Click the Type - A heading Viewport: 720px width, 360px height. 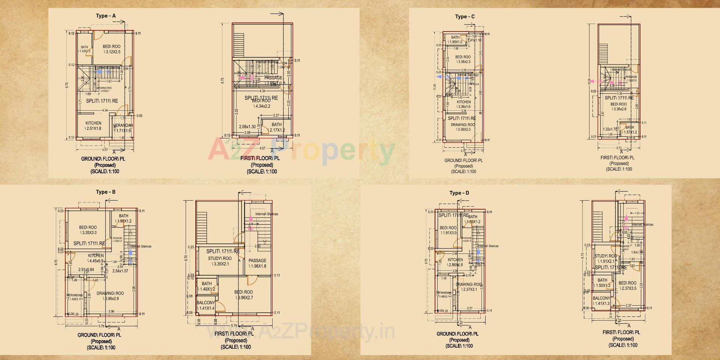click(x=106, y=16)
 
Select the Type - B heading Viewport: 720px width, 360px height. click(x=106, y=192)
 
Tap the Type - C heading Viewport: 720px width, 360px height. click(x=465, y=16)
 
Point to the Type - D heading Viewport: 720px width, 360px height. click(x=459, y=193)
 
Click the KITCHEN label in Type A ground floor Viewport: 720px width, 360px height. click(x=93, y=123)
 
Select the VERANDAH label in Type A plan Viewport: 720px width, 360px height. click(x=123, y=125)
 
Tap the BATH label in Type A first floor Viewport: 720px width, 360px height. click(x=276, y=124)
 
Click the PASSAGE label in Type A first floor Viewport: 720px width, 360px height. click(x=273, y=78)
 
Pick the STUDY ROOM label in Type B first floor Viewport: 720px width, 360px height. click(x=220, y=258)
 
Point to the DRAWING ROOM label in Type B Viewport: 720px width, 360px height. click(x=110, y=293)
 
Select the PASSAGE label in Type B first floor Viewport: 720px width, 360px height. click(x=257, y=261)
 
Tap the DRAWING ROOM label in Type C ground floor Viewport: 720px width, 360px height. click(x=462, y=124)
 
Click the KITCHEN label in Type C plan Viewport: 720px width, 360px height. click(x=463, y=102)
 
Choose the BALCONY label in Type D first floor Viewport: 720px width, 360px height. click(x=601, y=298)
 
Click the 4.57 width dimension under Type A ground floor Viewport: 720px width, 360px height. click(x=105, y=150)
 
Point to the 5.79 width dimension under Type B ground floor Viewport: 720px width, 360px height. click(x=101, y=326)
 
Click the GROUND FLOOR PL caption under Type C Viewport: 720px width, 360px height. click(x=463, y=160)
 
